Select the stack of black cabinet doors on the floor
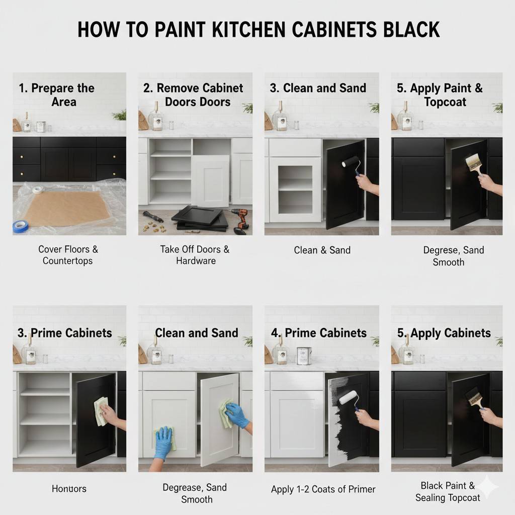[x=198, y=217]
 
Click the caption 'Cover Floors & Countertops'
[x=68, y=255]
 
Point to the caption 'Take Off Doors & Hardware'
[x=195, y=255]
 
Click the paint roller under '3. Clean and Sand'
[x=351, y=162]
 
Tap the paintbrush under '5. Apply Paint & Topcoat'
[x=473, y=162]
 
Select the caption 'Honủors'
[x=69, y=488]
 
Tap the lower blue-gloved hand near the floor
[x=162, y=441]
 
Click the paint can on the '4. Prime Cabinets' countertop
[x=303, y=355]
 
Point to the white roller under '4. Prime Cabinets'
[x=348, y=398]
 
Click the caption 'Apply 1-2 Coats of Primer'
[x=323, y=489]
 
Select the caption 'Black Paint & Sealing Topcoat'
[x=447, y=492]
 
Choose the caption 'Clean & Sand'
[x=322, y=250]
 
